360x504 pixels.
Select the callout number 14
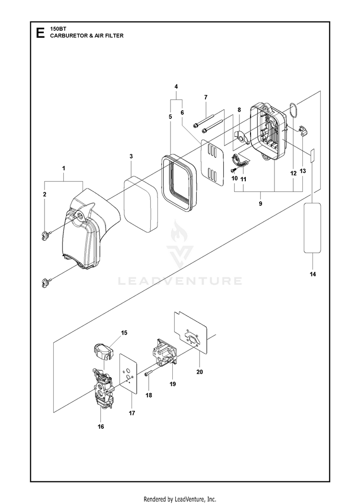click(312, 274)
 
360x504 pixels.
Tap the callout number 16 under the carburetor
click(101, 426)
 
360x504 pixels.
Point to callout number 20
click(199, 372)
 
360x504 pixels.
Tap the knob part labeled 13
click(302, 130)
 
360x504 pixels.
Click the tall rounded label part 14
click(312, 227)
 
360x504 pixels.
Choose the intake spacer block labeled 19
click(163, 357)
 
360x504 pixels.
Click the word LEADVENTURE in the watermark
click(180, 280)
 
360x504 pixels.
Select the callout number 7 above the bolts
click(205, 97)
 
